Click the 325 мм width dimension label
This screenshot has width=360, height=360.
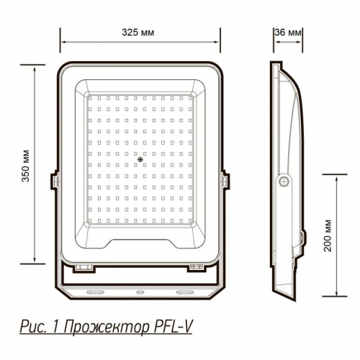(140, 33)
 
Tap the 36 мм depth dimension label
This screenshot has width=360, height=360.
(288, 33)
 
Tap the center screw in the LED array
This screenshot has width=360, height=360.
(140, 159)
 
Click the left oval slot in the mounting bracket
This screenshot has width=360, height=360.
(94, 293)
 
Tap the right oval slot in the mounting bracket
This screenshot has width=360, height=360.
(186, 293)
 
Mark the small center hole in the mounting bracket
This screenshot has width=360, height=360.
(140, 293)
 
